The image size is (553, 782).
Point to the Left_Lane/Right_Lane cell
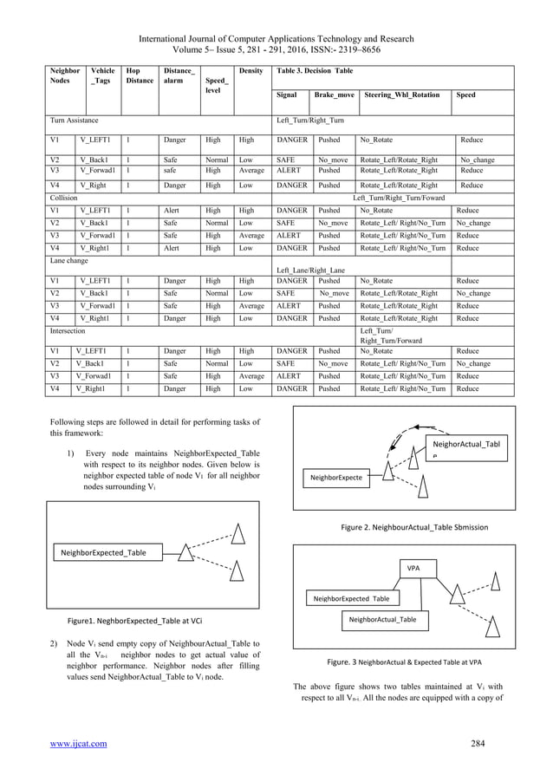[x=309, y=270]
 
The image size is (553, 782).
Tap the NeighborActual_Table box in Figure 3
[x=394, y=619]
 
